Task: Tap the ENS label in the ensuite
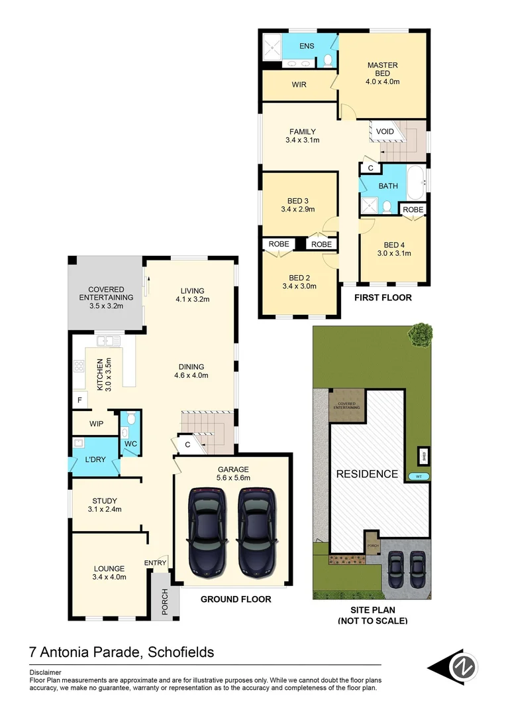click(306, 46)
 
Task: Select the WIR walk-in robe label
click(299, 85)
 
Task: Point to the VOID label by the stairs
click(385, 131)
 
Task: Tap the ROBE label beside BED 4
click(413, 209)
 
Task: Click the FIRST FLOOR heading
click(382, 298)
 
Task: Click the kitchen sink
click(107, 341)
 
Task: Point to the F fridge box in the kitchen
click(79, 400)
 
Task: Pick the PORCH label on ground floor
click(164, 601)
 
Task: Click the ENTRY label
click(155, 563)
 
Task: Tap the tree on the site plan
click(420, 334)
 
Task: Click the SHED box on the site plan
click(422, 455)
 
